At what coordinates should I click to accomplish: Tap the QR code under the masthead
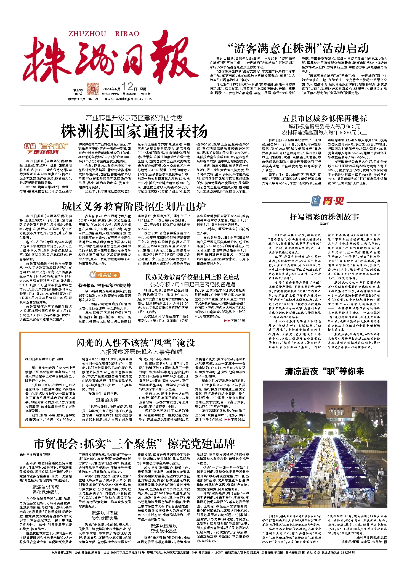point(93,89)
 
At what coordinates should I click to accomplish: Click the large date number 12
point(127,87)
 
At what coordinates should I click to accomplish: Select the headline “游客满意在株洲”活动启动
point(298,49)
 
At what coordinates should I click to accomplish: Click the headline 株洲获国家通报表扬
point(134,131)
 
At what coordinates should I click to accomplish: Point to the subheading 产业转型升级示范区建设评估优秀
point(134,118)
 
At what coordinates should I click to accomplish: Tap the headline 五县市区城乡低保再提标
point(324,118)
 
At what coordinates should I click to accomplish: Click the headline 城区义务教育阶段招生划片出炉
point(134,206)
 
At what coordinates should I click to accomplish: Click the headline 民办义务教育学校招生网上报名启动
point(193,277)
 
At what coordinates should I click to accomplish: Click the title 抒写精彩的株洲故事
point(324,217)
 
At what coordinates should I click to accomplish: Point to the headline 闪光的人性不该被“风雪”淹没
point(135,343)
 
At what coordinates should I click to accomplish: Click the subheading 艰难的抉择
point(107,400)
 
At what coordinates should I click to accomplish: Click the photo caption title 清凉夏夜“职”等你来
point(324,371)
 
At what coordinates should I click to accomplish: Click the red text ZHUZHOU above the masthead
point(87,34)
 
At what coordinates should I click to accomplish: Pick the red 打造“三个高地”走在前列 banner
point(46,149)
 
